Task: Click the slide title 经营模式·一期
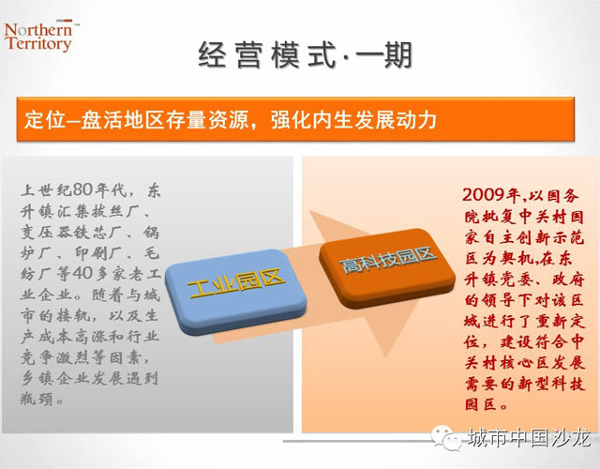click(x=305, y=54)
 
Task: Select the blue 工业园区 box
click(x=236, y=292)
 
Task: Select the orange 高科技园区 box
click(x=387, y=268)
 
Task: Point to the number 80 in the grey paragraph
click(x=82, y=189)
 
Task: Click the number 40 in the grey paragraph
click(x=82, y=273)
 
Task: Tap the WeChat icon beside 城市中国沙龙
click(x=446, y=438)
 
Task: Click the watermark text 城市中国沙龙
click(x=529, y=437)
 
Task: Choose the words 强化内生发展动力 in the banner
click(x=353, y=119)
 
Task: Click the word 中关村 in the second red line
click(x=544, y=217)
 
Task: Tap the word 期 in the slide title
click(x=397, y=54)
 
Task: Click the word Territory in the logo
click(x=38, y=43)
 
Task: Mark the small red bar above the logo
click(x=65, y=21)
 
